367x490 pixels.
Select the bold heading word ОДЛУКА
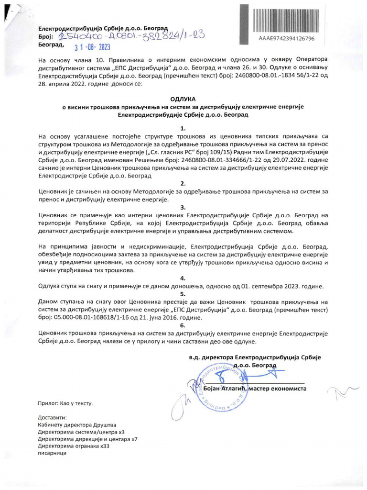tap(183, 98)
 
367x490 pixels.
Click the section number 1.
tap(183, 128)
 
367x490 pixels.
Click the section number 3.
tap(183, 207)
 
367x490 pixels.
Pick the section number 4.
tap(183, 278)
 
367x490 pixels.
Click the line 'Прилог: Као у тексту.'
tap(65, 403)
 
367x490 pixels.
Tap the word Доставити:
tap(50, 416)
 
